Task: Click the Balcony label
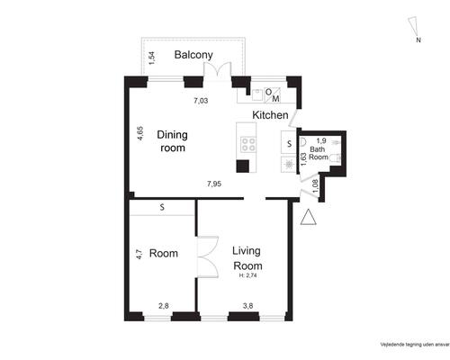193,55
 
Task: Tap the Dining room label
173,141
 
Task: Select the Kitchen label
270,115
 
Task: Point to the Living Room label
247,258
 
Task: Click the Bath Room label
318,153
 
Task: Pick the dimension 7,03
201,101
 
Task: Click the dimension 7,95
214,184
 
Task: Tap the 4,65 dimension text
140,134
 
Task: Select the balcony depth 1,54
152,58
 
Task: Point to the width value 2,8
164,306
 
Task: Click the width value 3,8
247,306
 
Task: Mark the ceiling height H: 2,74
247,276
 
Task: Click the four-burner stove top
248,144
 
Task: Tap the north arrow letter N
418,40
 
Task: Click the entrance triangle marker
309,217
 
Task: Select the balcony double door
218,71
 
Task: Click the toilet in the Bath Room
335,157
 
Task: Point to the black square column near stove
243,166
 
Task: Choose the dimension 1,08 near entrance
315,186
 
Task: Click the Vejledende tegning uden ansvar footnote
415,345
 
